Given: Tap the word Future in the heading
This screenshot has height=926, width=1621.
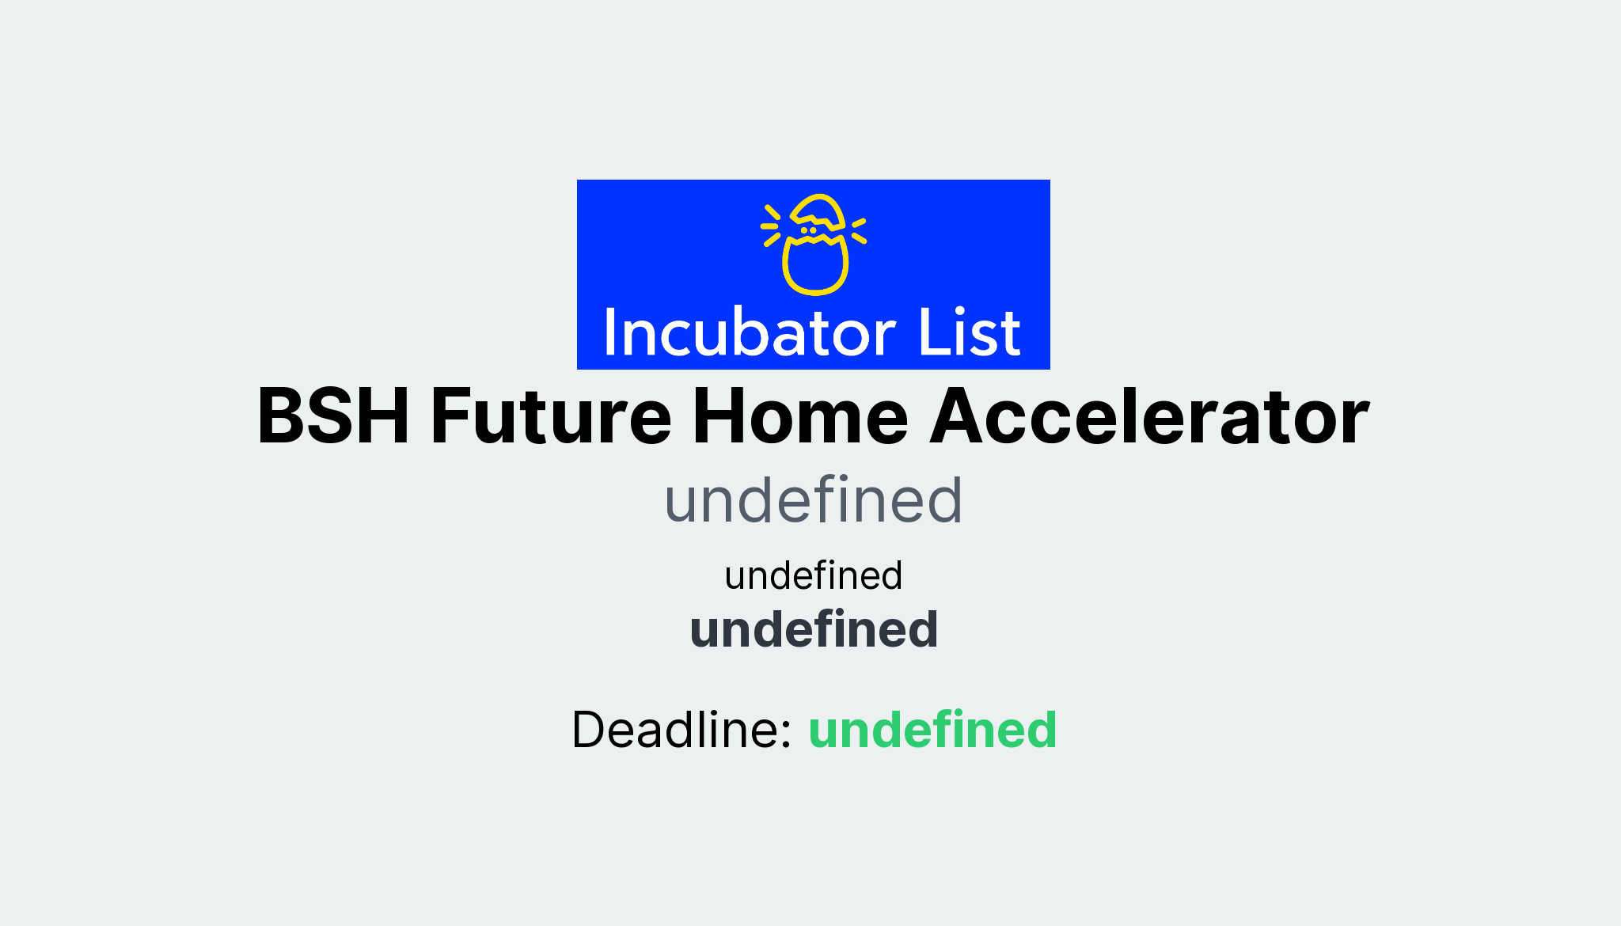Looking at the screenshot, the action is (x=551, y=416).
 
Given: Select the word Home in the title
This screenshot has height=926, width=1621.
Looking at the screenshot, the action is (x=800, y=416).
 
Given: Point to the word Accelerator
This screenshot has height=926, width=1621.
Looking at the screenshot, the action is (x=1149, y=416).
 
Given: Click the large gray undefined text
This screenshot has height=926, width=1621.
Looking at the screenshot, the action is (x=814, y=500).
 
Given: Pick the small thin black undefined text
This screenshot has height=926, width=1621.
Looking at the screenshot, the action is (x=814, y=575).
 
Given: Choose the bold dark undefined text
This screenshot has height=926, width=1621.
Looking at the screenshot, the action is (x=814, y=630).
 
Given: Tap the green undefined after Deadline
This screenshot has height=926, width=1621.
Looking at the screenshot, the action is (x=932, y=729).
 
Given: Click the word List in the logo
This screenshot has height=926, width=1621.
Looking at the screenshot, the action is (x=969, y=332).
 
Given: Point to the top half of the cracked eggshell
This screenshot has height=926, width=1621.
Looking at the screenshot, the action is (x=818, y=211).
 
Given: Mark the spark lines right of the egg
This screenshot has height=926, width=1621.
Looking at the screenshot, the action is (x=859, y=230).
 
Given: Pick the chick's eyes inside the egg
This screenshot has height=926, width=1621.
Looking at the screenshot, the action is (x=808, y=230).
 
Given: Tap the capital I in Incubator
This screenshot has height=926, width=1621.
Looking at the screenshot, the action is (x=609, y=332).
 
